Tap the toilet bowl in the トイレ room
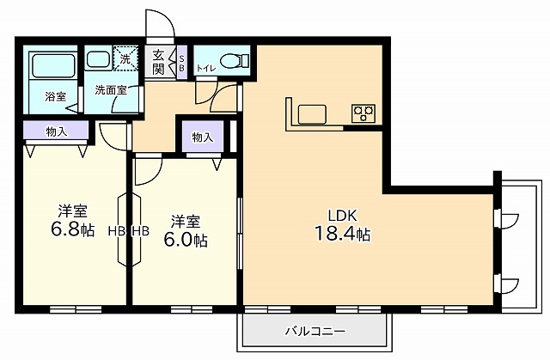pyautogui.click(x=233, y=60)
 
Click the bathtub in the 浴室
pyautogui.click(x=51, y=66)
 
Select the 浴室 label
pyautogui.click(x=55, y=96)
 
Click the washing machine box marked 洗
pyautogui.click(x=125, y=59)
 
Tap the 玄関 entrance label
pyautogui.click(x=158, y=63)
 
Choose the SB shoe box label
pyautogui.click(x=180, y=64)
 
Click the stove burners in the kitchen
pyautogui.click(x=363, y=113)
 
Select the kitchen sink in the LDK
pyautogui.click(x=310, y=113)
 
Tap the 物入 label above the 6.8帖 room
pyautogui.click(x=56, y=131)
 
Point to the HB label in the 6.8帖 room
pyautogui.click(x=115, y=230)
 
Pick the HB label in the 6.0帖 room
pyautogui.click(x=140, y=230)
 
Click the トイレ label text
pyautogui.click(x=206, y=67)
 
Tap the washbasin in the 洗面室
pyautogui.click(x=100, y=60)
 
